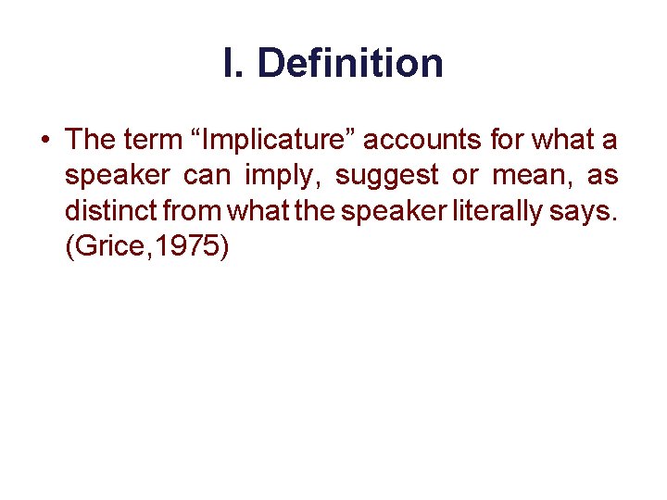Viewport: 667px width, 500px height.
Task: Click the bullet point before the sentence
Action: click(x=44, y=142)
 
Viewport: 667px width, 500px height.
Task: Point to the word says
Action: click(x=592, y=211)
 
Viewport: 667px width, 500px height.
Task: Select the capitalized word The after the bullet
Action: click(x=90, y=140)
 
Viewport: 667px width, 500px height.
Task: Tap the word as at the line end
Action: click(x=601, y=176)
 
